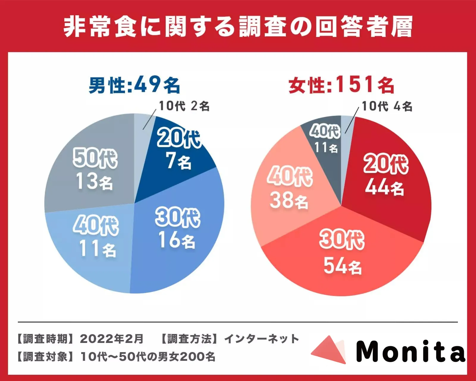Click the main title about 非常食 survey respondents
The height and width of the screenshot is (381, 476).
point(238,27)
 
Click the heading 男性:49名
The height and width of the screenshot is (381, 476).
point(134,85)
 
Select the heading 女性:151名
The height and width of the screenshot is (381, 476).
point(341,85)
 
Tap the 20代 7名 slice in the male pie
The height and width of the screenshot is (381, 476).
point(178,149)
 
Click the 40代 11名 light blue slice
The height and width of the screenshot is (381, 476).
point(95,238)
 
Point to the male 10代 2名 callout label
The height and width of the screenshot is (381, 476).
point(184,106)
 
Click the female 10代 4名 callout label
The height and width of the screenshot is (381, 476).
point(387,106)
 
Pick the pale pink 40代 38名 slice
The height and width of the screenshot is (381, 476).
point(288,187)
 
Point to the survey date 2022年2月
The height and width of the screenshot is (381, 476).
point(111,339)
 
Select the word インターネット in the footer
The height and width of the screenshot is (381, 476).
point(262,339)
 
